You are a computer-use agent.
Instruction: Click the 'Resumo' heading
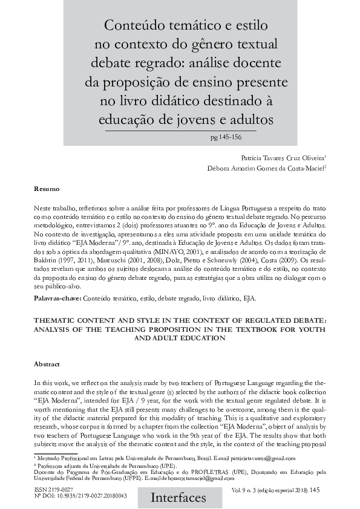46,190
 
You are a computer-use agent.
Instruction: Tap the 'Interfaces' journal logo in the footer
179,497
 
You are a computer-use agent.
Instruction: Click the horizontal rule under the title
180,131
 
